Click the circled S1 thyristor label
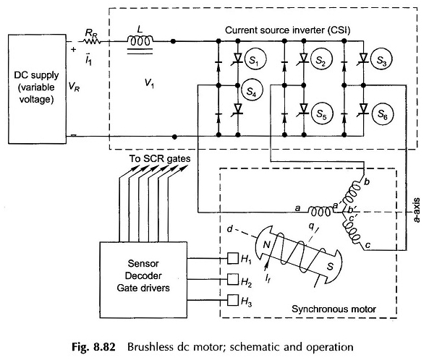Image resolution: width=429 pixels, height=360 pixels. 255,59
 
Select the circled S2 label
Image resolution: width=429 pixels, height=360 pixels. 321,59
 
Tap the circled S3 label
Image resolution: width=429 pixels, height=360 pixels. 381,59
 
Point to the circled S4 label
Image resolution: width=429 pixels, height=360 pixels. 252,90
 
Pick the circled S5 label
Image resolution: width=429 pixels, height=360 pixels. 321,113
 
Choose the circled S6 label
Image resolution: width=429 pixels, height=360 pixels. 383,113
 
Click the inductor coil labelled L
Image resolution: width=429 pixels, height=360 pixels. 140,40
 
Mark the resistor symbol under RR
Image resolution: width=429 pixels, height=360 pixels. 91,41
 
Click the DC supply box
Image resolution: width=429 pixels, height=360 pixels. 37,89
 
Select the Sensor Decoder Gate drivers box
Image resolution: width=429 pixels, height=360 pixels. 143,280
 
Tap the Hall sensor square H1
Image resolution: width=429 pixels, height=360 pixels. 233,258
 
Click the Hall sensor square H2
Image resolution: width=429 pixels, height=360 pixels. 233,279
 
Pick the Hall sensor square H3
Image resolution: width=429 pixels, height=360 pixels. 233,300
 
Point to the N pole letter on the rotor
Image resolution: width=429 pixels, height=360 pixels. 267,244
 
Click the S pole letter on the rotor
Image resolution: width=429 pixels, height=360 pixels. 331,266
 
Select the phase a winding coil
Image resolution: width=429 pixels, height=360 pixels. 320,211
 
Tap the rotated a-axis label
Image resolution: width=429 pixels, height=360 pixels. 417,210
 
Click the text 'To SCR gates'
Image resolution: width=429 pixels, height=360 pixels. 160,158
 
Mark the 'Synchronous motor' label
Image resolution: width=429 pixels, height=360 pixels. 334,309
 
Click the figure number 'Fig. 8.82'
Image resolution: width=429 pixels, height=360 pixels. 93,346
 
